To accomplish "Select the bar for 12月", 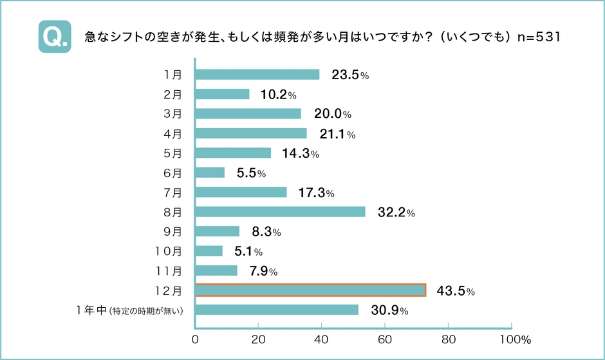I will (x=310, y=290).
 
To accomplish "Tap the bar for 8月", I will (x=280, y=212).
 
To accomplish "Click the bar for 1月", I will (x=257, y=75).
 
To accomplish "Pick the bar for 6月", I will (x=210, y=173).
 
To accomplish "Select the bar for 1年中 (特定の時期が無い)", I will (x=276, y=310).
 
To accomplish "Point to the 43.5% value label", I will (x=455, y=291).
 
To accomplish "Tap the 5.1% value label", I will (x=247, y=252).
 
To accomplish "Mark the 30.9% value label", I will (x=389, y=310).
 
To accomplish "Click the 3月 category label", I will (x=172, y=114).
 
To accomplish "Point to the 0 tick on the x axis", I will (x=195, y=338).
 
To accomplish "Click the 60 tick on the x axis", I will (x=384, y=338).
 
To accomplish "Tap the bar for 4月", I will (x=250, y=133).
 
